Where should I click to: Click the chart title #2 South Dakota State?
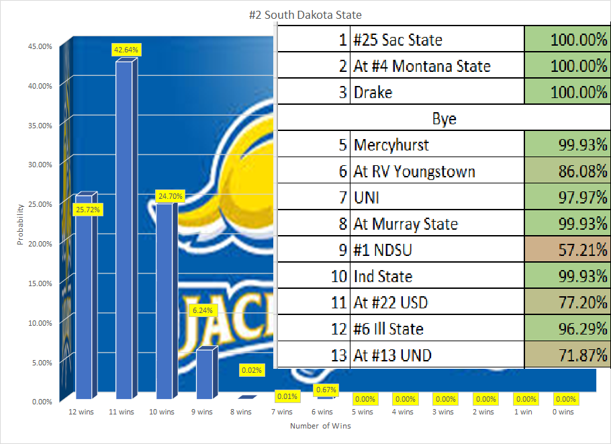(x=305, y=15)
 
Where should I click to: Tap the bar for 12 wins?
(x=85, y=296)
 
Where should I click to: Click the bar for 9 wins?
(x=205, y=373)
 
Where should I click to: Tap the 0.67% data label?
(x=327, y=390)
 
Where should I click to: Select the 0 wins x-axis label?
(x=564, y=412)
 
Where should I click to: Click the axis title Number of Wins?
(x=320, y=426)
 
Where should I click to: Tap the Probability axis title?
(x=21, y=223)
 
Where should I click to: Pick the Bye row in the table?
(x=444, y=118)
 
